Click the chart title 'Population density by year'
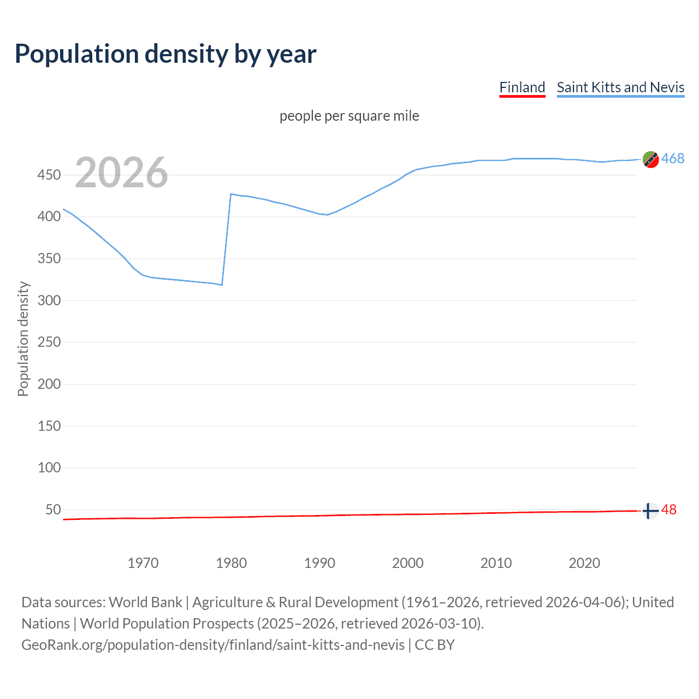(x=165, y=54)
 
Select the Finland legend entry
(x=522, y=87)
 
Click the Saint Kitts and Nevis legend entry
(x=620, y=87)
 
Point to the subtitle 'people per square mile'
(x=349, y=116)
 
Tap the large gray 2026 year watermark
(x=121, y=173)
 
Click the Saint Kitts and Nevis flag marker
(x=650, y=159)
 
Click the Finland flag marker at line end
(x=650, y=511)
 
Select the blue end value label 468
(x=672, y=159)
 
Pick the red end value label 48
(x=668, y=510)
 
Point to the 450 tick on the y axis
(x=49, y=175)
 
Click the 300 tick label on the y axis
(x=49, y=300)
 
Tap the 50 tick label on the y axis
(x=53, y=510)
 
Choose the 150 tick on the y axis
(x=49, y=426)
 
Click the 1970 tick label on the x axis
(x=143, y=563)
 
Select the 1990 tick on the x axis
(x=319, y=563)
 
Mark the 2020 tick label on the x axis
(x=584, y=563)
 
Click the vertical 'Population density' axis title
(x=23, y=339)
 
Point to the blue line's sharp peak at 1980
(x=231, y=194)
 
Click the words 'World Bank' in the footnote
(x=145, y=602)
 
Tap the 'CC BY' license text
(x=435, y=645)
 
